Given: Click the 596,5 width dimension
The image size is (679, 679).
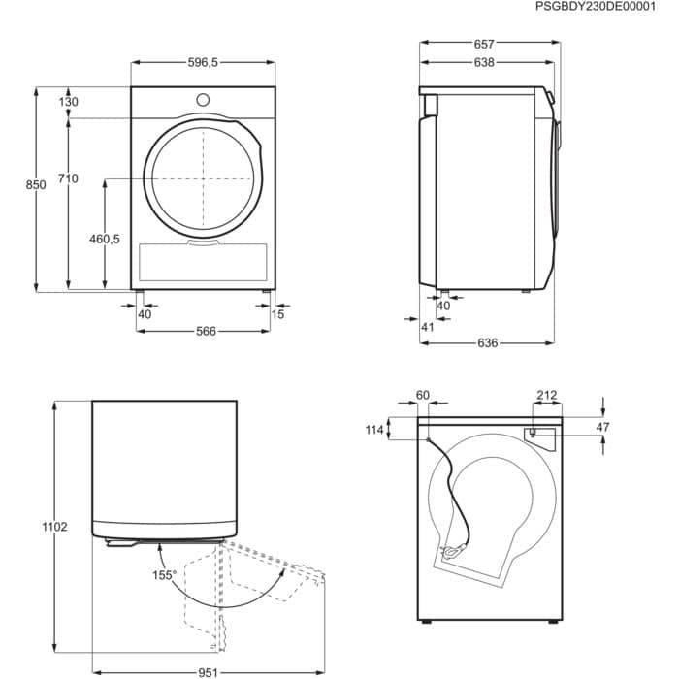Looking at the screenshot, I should tap(203, 62).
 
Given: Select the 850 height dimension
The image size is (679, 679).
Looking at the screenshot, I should tap(37, 185).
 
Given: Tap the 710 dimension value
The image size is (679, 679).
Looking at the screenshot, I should tap(68, 178).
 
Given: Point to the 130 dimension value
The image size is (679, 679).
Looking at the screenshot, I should tap(68, 103).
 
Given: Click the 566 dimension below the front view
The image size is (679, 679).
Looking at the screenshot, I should tap(205, 331).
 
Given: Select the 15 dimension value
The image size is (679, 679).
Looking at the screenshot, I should tap(278, 314).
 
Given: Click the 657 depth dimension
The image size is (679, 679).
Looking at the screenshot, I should tap(485, 44).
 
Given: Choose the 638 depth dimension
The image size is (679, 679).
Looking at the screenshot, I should tap(485, 62).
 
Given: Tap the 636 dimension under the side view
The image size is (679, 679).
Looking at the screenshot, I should tap(488, 342).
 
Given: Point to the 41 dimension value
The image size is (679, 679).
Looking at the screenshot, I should tap(427, 327).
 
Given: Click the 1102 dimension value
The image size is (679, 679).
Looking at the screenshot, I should tap(55, 527).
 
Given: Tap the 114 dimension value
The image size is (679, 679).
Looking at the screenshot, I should tap(372, 430).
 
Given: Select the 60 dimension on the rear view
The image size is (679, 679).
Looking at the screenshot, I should tap(422, 395).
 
